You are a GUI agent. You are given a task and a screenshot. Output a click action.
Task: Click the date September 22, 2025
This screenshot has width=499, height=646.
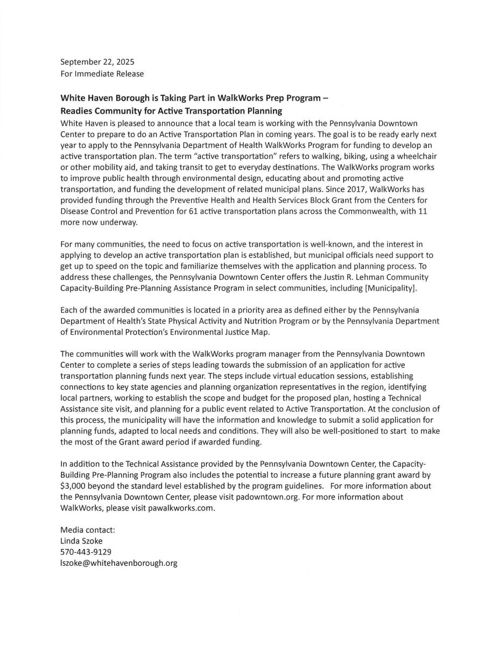point(97,62)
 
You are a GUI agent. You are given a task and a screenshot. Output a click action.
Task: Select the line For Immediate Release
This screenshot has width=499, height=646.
point(102,73)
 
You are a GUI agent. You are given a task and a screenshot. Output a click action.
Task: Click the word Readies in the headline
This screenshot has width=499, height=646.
point(76,111)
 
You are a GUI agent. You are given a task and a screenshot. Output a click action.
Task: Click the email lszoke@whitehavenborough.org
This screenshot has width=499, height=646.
point(118,563)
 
